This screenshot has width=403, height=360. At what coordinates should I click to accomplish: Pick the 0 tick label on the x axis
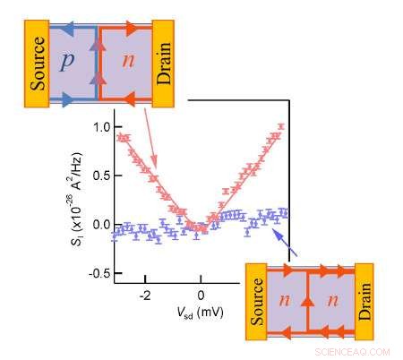coord(201,295)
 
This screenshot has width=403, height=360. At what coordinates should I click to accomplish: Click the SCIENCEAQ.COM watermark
coord(354,352)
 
